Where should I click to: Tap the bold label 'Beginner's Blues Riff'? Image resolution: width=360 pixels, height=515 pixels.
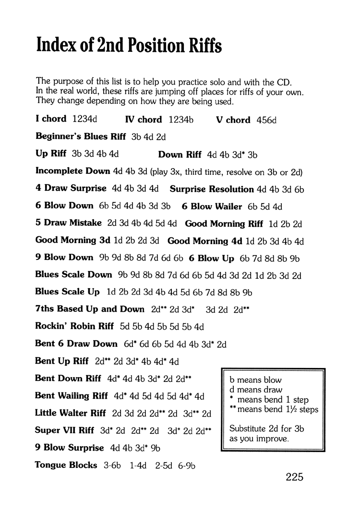[x=81, y=136]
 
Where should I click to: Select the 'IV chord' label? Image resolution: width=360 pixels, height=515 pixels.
[x=144, y=120]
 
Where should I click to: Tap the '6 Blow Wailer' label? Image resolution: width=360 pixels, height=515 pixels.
[x=212, y=206]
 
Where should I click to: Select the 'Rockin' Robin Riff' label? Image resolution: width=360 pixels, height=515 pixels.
[x=74, y=327]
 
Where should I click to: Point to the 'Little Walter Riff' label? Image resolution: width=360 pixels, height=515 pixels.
[x=71, y=413]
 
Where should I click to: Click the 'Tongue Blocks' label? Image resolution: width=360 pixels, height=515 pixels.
[x=66, y=465]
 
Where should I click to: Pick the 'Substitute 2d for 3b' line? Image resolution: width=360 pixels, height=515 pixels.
[x=267, y=429]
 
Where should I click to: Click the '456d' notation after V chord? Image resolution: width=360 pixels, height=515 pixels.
[x=267, y=120]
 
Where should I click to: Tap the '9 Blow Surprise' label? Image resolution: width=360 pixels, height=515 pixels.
[x=70, y=448]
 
